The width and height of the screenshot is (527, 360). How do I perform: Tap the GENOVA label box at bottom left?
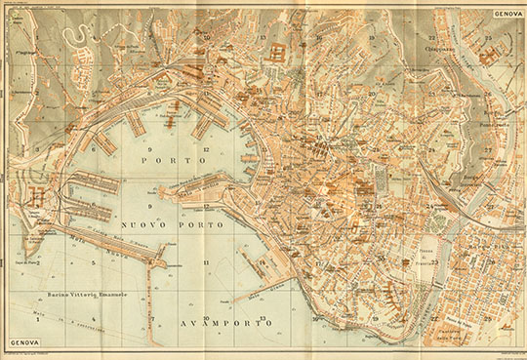(x=25, y=343)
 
